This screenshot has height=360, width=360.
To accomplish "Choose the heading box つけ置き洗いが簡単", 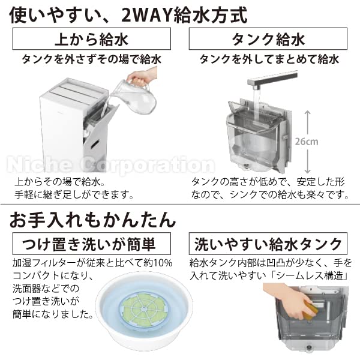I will (91, 244).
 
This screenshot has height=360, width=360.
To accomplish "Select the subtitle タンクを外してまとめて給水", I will (269, 59).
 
